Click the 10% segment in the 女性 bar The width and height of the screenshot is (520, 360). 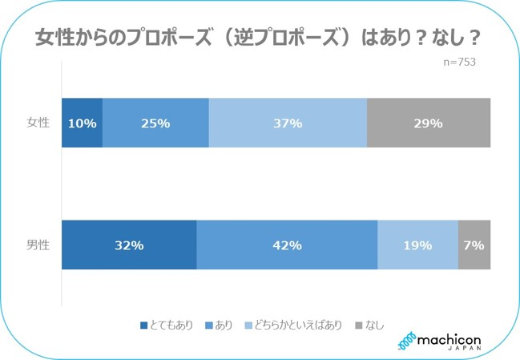tap(82, 123)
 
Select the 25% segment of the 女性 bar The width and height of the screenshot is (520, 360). tap(155, 123)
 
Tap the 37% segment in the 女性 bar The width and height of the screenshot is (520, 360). tap(288, 123)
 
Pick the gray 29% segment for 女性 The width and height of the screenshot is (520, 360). tap(429, 123)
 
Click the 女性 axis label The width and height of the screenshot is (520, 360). tap(38, 123)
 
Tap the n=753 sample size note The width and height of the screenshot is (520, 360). tap(459, 63)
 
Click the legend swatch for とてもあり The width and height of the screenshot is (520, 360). tap(144, 326)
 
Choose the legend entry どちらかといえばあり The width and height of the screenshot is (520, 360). tap(298, 326)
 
